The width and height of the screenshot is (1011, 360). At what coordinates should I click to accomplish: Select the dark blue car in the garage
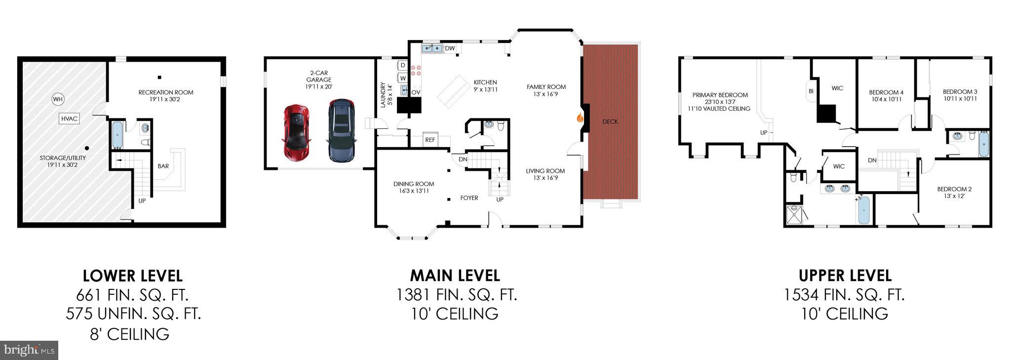pos(341,131)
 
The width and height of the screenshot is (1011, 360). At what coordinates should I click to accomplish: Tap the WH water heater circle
pos(58,100)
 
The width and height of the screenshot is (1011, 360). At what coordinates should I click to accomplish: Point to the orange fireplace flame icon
pos(581,118)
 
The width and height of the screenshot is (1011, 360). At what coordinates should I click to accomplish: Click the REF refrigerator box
pos(430,140)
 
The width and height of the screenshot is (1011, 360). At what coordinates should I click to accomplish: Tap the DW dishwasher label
pos(450,48)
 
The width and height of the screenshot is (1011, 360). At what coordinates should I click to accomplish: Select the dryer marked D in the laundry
pos(402,65)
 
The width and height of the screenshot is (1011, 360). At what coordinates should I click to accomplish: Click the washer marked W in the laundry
pos(402,78)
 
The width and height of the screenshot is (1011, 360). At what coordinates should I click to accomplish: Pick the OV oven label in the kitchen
pos(416,92)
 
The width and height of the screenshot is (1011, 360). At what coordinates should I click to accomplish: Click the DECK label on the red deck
pos(610,121)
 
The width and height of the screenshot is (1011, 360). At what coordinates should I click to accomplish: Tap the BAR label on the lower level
pos(163,166)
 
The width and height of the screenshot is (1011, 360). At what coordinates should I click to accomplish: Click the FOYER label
pos(469,198)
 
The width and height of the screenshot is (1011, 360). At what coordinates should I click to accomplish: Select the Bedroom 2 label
pos(954,189)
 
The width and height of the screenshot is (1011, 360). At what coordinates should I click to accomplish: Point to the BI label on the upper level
pos(811,91)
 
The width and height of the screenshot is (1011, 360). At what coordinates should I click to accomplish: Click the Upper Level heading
pos(845,275)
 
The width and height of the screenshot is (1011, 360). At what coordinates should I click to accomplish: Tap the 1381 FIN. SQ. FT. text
pos(457,295)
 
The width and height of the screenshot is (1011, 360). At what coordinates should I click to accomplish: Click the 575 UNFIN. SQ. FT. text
pos(133,314)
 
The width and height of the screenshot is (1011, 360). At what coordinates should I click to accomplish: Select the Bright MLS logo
pos(29,350)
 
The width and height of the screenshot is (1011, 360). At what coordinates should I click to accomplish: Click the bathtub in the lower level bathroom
pos(117,135)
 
